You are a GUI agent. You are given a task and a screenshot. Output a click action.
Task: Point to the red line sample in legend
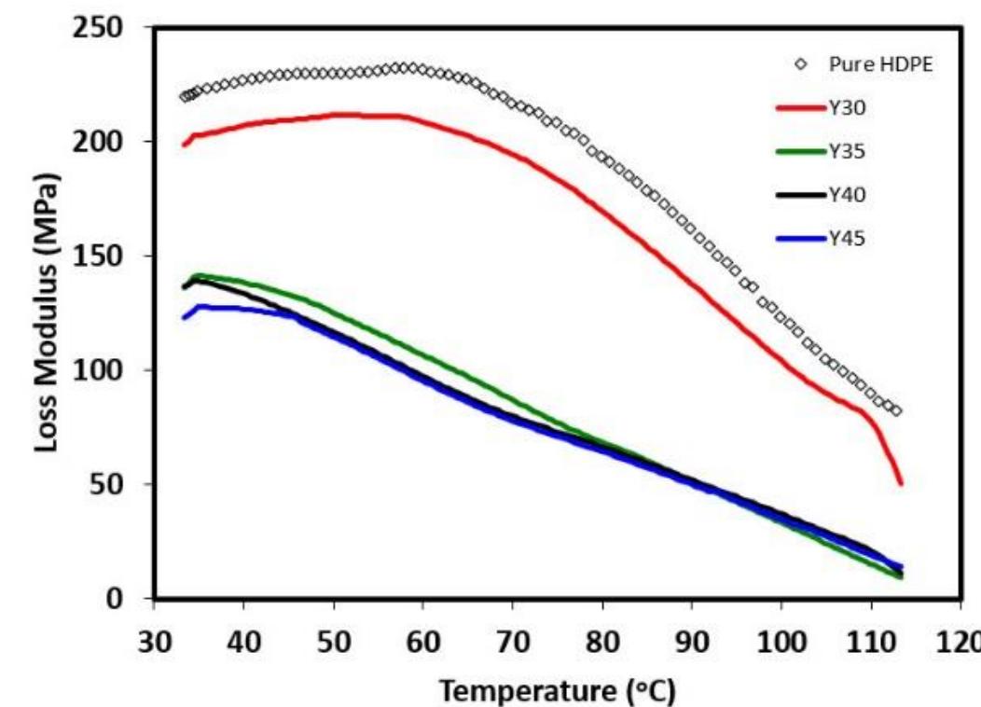800,108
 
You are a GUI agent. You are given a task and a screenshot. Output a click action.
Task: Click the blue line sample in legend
800,239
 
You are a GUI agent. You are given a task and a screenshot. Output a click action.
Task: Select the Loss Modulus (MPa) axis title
48,312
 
